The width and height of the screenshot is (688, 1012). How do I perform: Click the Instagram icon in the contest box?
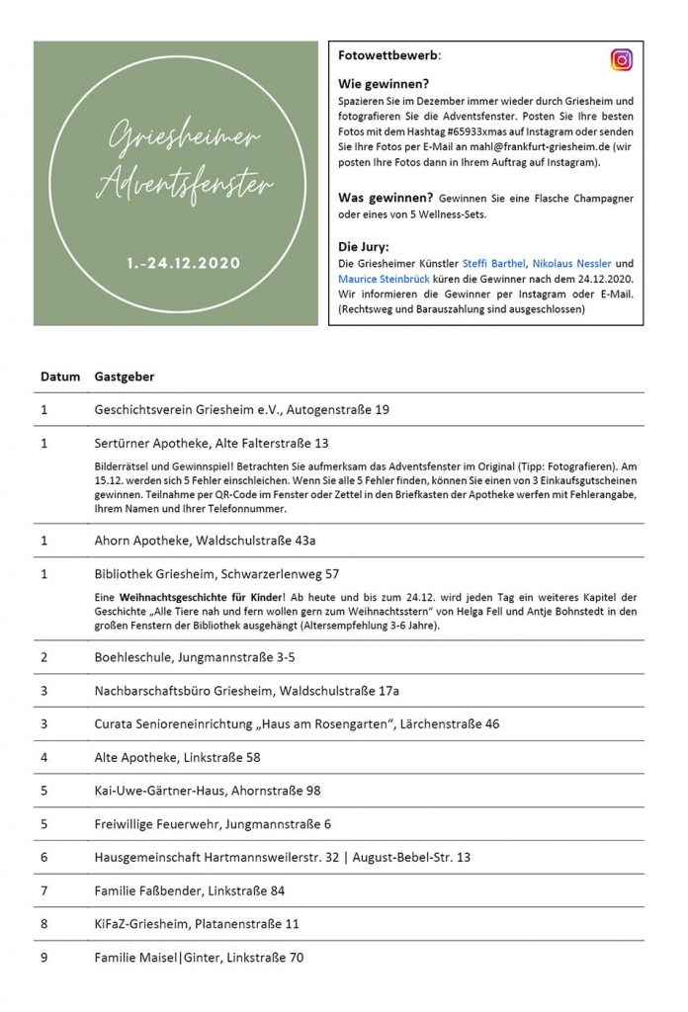coord(622,60)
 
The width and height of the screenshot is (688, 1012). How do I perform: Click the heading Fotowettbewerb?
coord(388,56)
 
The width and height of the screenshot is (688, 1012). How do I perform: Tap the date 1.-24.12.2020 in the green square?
coord(183,264)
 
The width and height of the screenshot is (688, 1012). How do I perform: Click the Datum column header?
coord(59,377)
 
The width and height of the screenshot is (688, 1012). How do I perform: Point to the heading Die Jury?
coord(365,247)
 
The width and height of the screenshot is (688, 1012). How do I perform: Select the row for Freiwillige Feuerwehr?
coord(213,823)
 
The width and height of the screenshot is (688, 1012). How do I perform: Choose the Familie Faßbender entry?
coord(190,890)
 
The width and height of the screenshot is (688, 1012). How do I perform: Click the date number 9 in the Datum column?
coord(44,958)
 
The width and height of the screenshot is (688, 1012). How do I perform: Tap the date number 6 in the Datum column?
coord(44,857)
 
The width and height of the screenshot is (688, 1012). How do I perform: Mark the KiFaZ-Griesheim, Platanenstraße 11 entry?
coord(197,924)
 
